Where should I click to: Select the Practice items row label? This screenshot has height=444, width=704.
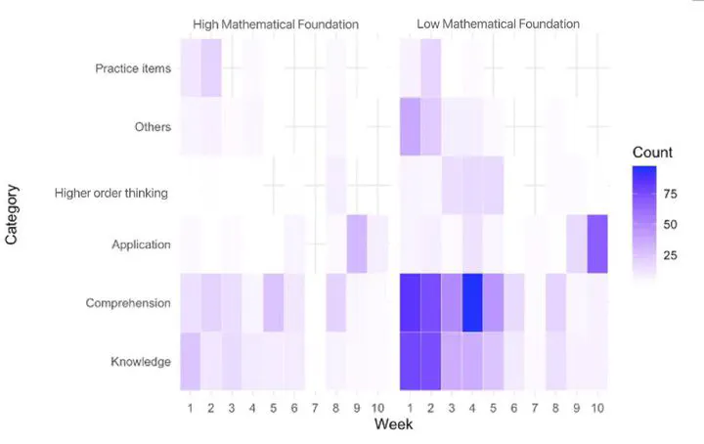133,68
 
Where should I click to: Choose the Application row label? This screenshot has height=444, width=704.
142,244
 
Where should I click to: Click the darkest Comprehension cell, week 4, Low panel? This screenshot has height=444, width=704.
473,303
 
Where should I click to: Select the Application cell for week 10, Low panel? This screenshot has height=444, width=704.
597,244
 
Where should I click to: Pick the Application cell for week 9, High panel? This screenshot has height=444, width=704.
357,244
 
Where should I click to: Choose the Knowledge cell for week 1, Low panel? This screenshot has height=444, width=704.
410,362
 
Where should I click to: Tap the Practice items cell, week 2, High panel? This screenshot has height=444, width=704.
211,68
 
